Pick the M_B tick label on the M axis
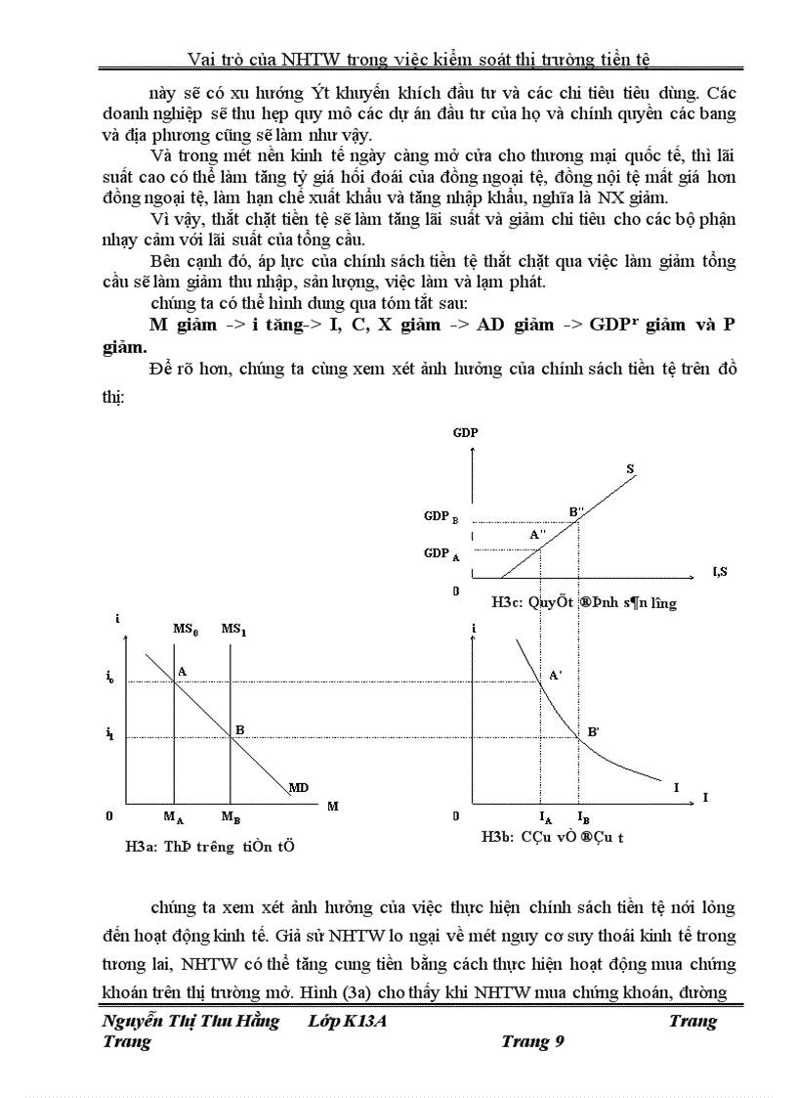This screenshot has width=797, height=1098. click(231, 816)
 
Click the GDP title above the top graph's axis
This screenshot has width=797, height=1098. click(465, 432)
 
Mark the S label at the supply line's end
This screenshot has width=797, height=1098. click(630, 470)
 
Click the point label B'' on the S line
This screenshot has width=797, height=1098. click(577, 510)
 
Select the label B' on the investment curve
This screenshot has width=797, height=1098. click(593, 730)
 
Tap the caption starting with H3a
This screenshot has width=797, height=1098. click(203, 847)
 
